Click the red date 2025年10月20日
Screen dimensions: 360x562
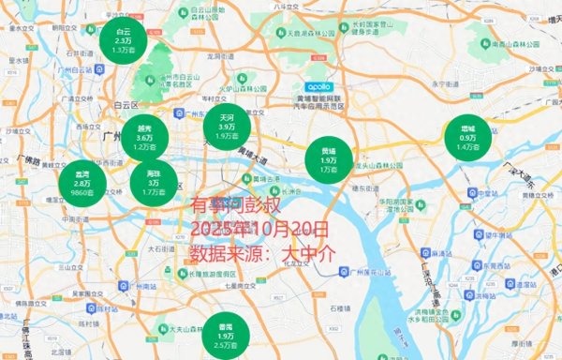click(259, 229)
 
